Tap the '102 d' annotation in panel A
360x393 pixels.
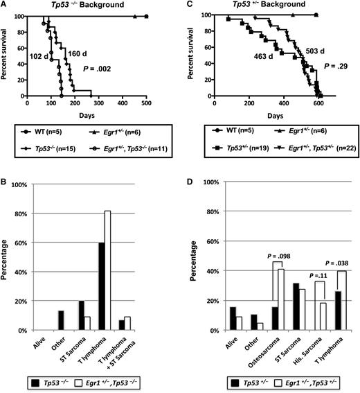pyautogui.click(x=41, y=58)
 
